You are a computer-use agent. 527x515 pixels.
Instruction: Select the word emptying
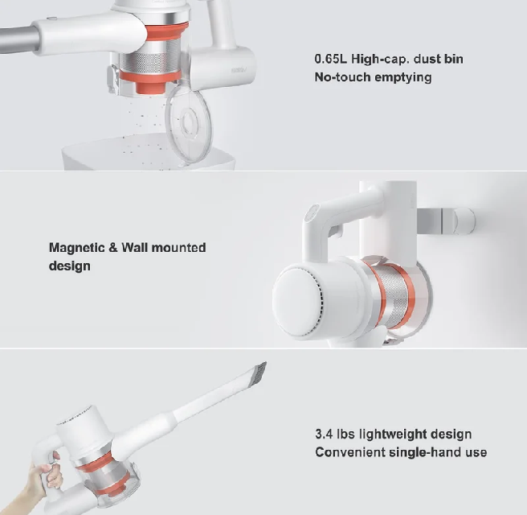pyautogui.click(x=402, y=78)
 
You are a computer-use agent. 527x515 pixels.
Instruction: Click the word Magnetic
pyautogui.click(x=76, y=248)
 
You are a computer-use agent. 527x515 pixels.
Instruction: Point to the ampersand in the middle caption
pyautogui.click(x=113, y=248)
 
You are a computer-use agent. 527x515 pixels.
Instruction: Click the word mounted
pyautogui.click(x=178, y=248)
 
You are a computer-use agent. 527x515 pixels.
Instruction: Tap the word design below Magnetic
pyautogui.click(x=70, y=266)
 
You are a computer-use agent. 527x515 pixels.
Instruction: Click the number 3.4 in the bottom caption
pyautogui.click(x=324, y=435)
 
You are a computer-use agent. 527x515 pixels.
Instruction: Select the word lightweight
pyautogui.click(x=393, y=435)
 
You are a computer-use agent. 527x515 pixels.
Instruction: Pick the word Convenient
pyautogui.click(x=350, y=452)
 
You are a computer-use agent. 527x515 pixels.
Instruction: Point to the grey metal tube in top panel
pyautogui.click(x=19, y=39)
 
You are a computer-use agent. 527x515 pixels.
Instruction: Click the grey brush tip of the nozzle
pyautogui.click(x=259, y=373)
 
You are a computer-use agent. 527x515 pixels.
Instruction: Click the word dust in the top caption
pyautogui.click(x=427, y=59)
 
